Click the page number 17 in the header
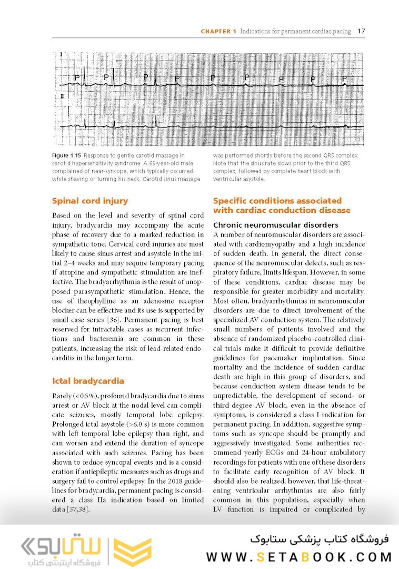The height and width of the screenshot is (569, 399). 361,31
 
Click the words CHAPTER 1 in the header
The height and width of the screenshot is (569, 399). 218,32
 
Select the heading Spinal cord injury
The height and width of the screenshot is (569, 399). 90,201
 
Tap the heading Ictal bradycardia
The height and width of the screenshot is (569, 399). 88,380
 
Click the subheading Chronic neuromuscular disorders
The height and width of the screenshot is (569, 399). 275,225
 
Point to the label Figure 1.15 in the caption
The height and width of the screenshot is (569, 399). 66,155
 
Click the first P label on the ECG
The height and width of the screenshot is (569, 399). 77,77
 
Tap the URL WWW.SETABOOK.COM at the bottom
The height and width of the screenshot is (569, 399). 299,557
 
